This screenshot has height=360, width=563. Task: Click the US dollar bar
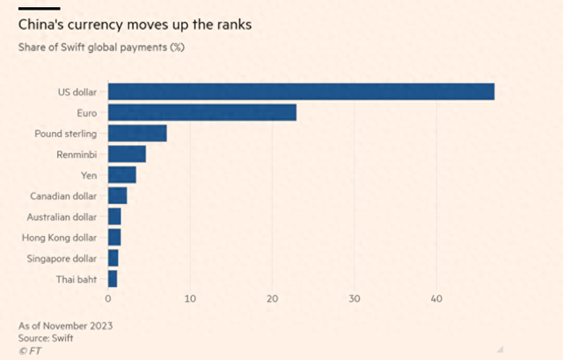coord(301,92)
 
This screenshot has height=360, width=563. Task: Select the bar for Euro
coord(202,113)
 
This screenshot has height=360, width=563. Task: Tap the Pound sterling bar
coord(137,133)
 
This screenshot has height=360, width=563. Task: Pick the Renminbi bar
coord(127,154)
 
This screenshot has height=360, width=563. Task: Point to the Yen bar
coord(122,175)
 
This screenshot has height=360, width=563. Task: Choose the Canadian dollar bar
coord(118,195)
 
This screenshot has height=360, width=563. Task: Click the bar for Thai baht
coord(113,279)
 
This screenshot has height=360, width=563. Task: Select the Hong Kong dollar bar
coord(114,237)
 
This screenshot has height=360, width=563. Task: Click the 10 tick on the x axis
coord(190,299)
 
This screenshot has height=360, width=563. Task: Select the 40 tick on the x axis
coord(435,299)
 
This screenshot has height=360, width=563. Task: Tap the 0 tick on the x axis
coord(109,299)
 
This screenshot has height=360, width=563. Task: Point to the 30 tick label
coord(354,299)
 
